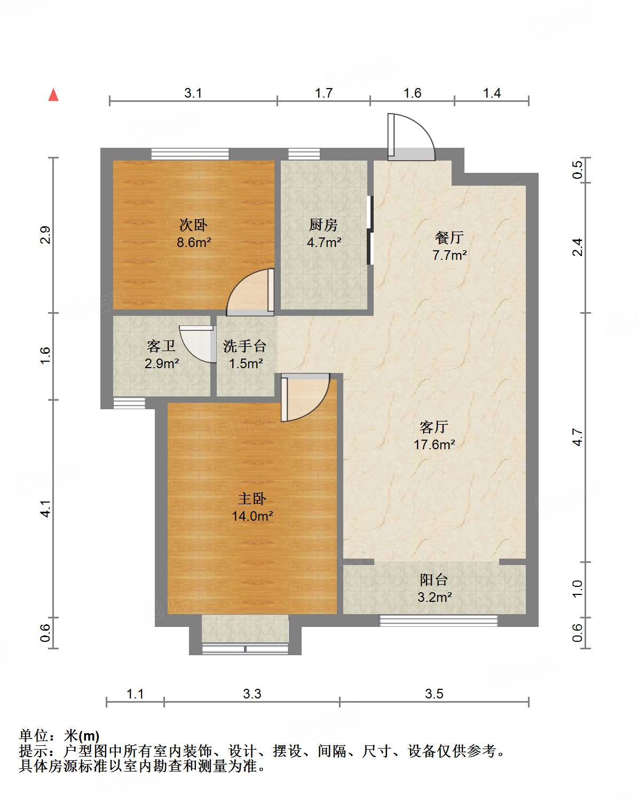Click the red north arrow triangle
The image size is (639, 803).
tap(53, 95)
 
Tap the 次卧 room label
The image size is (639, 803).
tap(193, 225)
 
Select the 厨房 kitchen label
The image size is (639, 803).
tap(324, 225)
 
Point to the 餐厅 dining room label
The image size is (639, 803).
tap(449, 237)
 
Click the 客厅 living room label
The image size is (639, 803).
tap(433, 427)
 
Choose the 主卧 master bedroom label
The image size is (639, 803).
tap(252, 499)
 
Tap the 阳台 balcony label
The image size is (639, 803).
tap(433, 580)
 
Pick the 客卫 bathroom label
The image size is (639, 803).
tap(161, 346)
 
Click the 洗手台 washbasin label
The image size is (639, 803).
tap(244, 346)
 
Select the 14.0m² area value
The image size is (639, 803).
tap(253, 516)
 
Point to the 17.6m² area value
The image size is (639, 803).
tap(435, 444)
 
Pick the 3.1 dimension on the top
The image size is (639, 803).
tap(193, 93)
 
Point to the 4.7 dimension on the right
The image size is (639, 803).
tap(578, 438)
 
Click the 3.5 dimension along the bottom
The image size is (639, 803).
tap(434, 694)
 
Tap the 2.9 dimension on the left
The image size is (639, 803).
tap(45, 235)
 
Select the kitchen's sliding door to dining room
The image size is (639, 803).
tap(370, 230)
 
